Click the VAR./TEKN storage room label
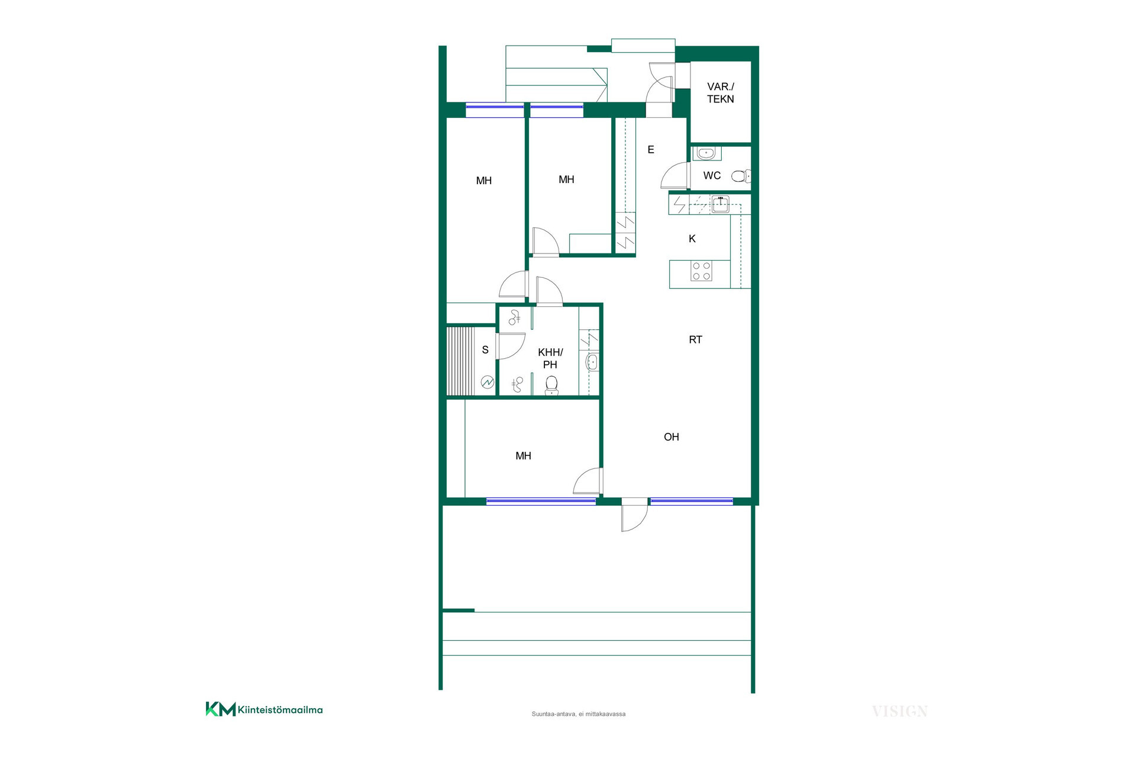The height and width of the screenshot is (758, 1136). [x=720, y=93]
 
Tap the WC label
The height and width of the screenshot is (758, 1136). [x=712, y=176]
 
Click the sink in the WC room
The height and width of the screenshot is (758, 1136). [x=706, y=153]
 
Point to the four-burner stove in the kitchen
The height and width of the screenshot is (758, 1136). [x=702, y=271]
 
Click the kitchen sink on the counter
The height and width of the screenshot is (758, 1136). [x=720, y=204]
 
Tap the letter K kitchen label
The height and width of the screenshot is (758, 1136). [x=692, y=239]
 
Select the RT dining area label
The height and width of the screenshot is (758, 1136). [x=695, y=340]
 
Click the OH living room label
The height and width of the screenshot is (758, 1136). [x=671, y=437]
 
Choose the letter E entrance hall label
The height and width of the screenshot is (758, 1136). [x=651, y=150]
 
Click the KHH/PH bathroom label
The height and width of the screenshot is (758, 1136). [x=550, y=358]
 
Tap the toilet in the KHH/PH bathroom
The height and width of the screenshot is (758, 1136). [x=551, y=385]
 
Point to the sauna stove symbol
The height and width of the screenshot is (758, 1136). [x=487, y=383]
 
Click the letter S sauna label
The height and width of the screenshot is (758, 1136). [x=485, y=350]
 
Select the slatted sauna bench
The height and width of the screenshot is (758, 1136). [x=460, y=361]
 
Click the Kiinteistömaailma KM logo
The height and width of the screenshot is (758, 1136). [x=264, y=709]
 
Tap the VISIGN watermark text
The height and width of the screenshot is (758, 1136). [x=899, y=711]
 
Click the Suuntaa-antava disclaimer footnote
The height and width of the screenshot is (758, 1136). [x=578, y=714]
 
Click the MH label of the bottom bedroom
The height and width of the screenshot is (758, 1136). [x=523, y=456]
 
